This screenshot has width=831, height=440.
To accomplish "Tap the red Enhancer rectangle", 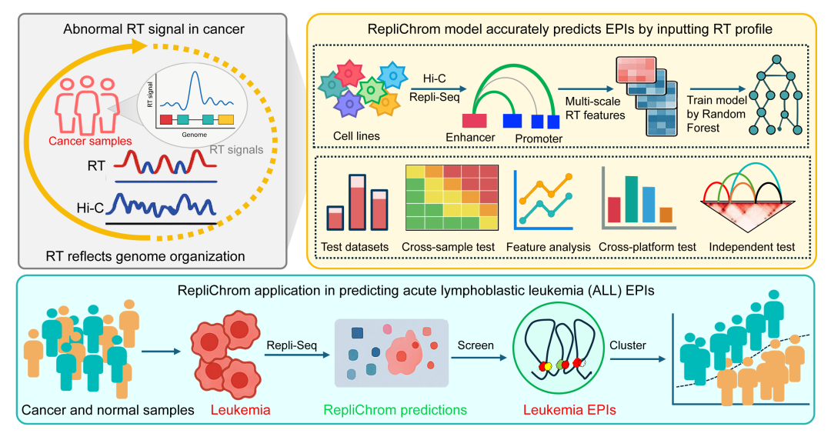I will [474, 120].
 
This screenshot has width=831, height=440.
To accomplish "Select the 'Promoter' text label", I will [539, 138].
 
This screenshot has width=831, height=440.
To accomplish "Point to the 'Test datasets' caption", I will [357, 247].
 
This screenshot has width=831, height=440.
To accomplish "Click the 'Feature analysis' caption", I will [549, 247].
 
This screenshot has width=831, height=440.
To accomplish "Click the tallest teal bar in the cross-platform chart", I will [631, 199].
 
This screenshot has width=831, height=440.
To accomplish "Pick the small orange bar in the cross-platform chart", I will [666, 215].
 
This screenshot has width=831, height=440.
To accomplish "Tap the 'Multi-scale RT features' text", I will [594, 109].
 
